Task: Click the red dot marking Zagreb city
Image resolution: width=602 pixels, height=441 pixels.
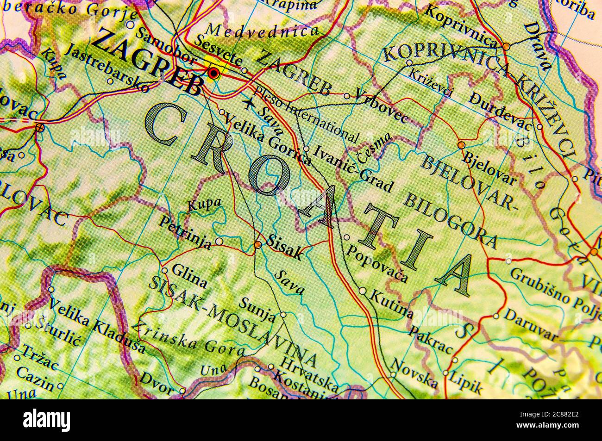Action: click(213, 73)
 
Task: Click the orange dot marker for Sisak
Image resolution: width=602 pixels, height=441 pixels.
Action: click(257, 245)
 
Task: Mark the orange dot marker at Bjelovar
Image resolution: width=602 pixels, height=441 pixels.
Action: click(461, 145)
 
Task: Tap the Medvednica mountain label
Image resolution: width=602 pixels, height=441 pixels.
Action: click(263, 31)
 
